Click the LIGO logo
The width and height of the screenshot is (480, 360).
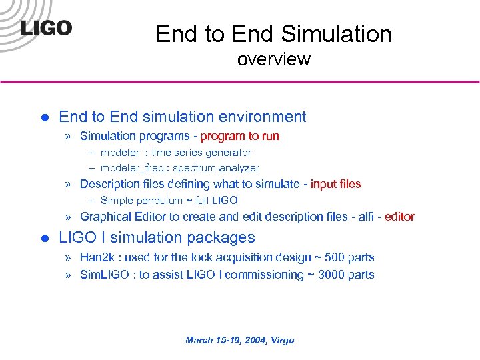(x=46, y=28)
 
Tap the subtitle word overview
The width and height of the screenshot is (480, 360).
(x=273, y=59)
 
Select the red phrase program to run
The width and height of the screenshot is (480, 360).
(x=240, y=136)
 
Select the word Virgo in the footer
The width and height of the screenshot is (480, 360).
(x=281, y=340)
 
